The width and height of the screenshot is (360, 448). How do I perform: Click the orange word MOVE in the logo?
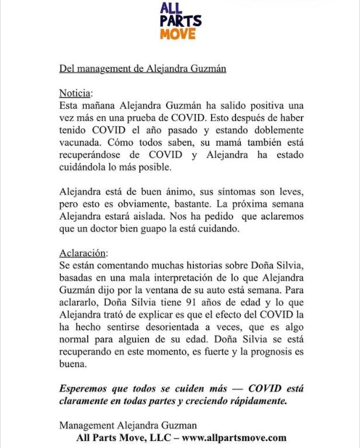point(182,34)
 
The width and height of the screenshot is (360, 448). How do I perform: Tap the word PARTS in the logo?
point(182,21)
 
